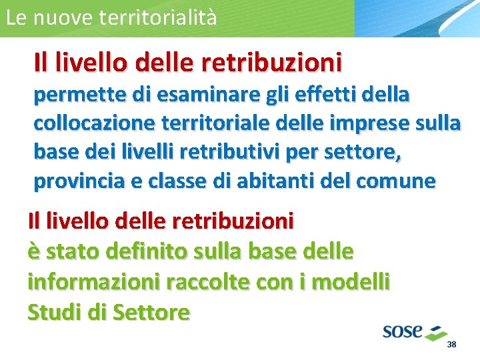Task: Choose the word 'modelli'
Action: (351, 281)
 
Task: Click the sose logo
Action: (413, 331)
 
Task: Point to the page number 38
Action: (451, 345)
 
